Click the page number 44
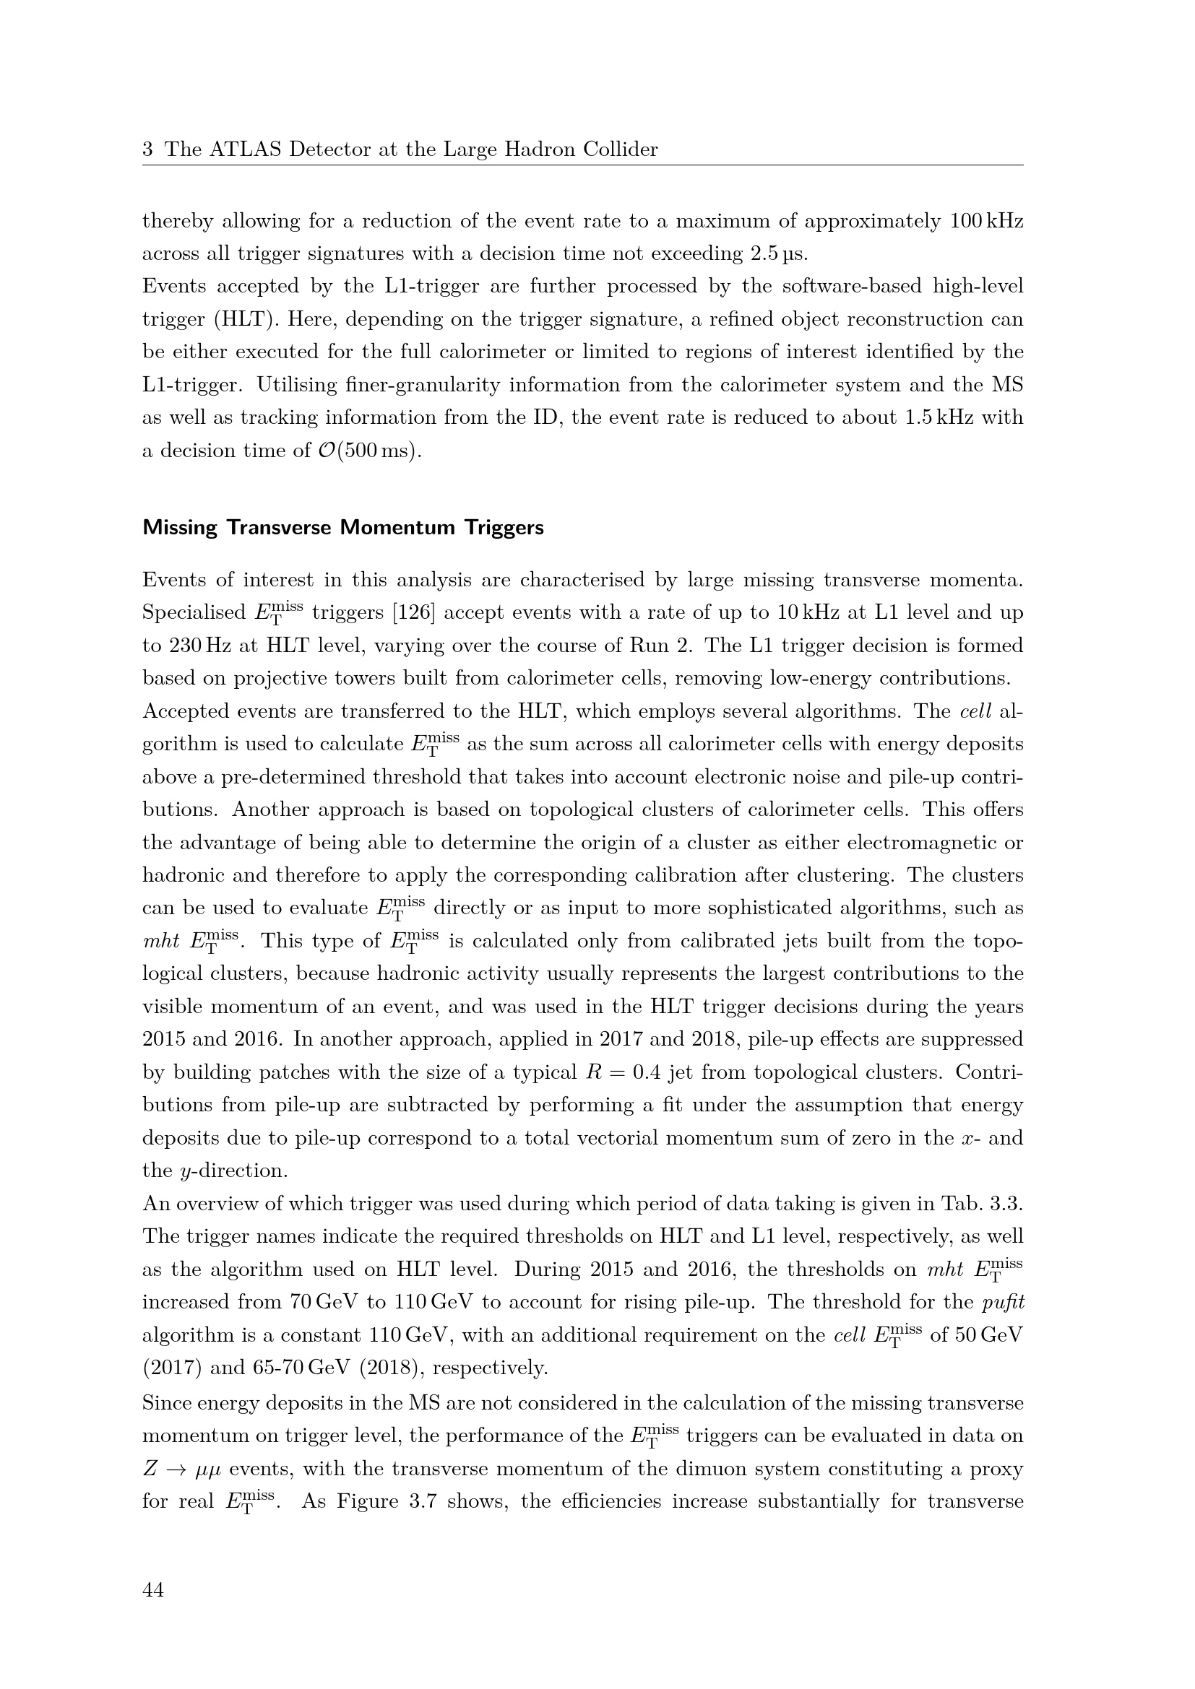tap(153, 1590)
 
